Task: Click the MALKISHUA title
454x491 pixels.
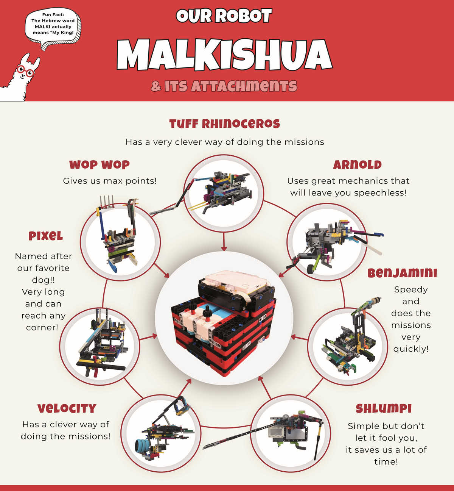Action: point(224,55)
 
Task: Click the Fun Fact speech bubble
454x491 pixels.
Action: point(53,28)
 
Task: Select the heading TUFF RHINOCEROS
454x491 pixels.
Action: point(224,124)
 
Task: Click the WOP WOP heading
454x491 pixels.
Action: point(99,165)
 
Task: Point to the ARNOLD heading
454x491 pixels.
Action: point(357,165)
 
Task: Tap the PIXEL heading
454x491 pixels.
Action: point(46,236)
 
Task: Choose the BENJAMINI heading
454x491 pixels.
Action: point(403,273)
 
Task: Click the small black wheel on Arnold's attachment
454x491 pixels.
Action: point(311,269)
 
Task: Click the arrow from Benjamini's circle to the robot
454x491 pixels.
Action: point(299,338)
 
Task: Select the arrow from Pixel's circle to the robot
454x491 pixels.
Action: point(148,337)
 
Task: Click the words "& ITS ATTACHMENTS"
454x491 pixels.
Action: point(224,86)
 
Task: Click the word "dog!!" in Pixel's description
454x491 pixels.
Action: point(44,280)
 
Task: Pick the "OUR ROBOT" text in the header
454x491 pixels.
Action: point(224,16)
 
